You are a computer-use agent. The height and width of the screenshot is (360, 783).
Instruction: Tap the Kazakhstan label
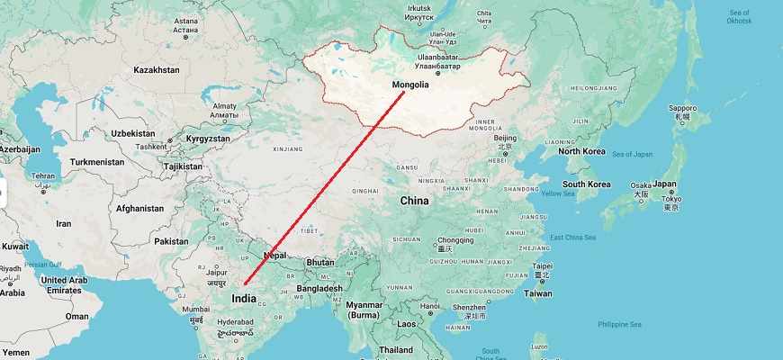(x=157, y=69)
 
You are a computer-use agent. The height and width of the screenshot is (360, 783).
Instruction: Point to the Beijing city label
(x=505, y=138)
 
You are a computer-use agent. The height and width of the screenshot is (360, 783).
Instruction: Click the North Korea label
(x=581, y=150)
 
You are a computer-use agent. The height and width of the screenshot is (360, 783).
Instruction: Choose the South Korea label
(x=587, y=184)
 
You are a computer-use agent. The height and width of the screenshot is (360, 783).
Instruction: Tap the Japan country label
(x=664, y=184)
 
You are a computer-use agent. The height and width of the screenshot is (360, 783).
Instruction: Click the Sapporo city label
(x=683, y=108)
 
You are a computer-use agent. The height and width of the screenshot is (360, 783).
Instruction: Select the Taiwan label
(x=538, y=293)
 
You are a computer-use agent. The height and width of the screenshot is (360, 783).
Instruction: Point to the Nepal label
(x=275, y=256)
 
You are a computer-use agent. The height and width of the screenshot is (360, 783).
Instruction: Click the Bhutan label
(x=320, y=262)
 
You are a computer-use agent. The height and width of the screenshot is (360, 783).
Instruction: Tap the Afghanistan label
(x=139, y=209)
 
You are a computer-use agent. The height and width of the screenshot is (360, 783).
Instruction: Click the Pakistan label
(x=171, y=241)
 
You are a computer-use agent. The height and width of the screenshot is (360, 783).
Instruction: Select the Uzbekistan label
(x=134, y=133)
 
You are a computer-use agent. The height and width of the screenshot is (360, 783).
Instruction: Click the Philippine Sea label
(x=619, y=324)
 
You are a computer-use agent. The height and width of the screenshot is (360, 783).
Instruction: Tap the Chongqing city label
(x=454, y=240)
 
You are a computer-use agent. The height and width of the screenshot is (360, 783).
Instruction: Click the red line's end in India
(x=244, y=285)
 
